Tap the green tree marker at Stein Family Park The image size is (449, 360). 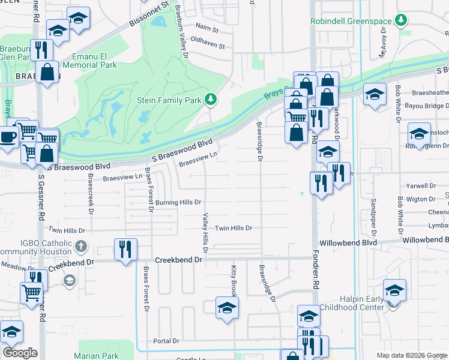click(x=211, y=99)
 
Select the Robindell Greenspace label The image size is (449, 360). click(x=350, y=21)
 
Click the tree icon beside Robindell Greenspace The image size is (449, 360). click(x=400, y=22)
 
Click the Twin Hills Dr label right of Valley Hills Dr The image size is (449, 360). click(x=234, y=228)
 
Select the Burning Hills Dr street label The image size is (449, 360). click(x=178, y=203)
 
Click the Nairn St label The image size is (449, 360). click(x=208, y=28)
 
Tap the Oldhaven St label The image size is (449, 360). click(x=207, y=46)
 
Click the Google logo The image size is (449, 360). click(x=20, y=353)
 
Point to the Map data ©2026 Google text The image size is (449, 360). click(x=411, y=355)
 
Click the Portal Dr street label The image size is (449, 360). click(x=166, y=341)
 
